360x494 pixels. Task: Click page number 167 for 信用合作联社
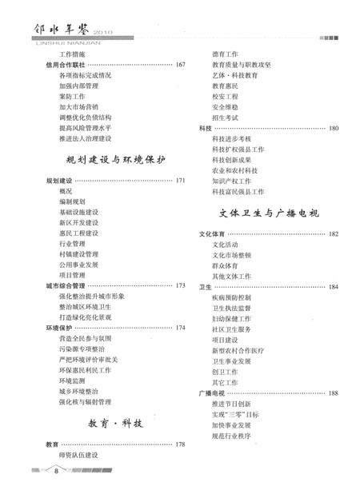point(180,64)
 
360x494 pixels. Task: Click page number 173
point(180,285)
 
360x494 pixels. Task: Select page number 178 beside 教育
point(180,444)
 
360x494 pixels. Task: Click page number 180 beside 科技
point(333,128)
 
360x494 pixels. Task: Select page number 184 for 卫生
point(333,286)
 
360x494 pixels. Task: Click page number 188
point(333,393)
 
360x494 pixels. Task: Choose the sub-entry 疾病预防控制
point(231,297)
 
